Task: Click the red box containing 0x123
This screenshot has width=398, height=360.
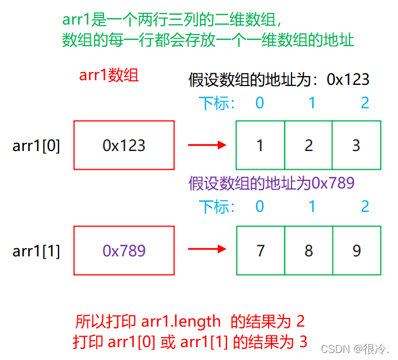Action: pyautogui.click(x=124, y=145)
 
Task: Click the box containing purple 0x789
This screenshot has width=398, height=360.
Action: pyautogui.click(x=124, y=251)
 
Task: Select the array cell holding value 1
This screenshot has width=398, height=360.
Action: pyautogui.click(x=260, y=145)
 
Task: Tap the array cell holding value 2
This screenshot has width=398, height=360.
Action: pyautogui.click(x=308, y=145)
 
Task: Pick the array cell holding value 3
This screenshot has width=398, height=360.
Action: pyautogui.click(x=356, y=145)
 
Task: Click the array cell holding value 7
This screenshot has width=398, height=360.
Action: pyautogui.click(x=260, y=251)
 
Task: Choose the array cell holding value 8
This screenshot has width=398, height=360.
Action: pyautogui.click(x=308, y=251)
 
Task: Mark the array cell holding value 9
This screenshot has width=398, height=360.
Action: pyautogui.click(x=356, y=251)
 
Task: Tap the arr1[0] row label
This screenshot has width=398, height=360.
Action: pyautogui.click(x=36, y=145)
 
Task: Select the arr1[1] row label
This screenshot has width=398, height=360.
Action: pyautogui.click(x=36, y=251)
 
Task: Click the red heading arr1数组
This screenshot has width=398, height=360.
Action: pyautogui.click(x=109, y=76)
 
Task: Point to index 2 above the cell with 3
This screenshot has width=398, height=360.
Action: pyautogui.click(x=365, y=103)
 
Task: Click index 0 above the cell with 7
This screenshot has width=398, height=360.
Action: pyautogui.click(x=260, y=206)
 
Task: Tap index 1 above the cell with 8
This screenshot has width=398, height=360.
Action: pyautogui.click(x=312, y=206)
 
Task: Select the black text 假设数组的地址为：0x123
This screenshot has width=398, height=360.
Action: pyautogui.click(x=279, y=80)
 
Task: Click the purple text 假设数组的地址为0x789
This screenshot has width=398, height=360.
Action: pyautogui.click(x=272, y=183)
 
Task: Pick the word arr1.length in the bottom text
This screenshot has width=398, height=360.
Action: pyautogui.click(x=181, y=321)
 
